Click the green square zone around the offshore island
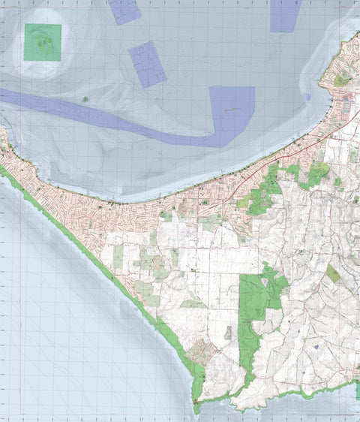click(42, 42)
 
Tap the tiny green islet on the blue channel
click(85, 98)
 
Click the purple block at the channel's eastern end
click(232, 113)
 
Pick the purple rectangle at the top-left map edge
click(124, 11)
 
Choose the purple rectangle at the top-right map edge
click(286, 14)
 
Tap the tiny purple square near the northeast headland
click(307, 96)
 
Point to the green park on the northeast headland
click(342, 78)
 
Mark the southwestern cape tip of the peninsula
click(194, 406)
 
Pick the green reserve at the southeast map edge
click(357, 390)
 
